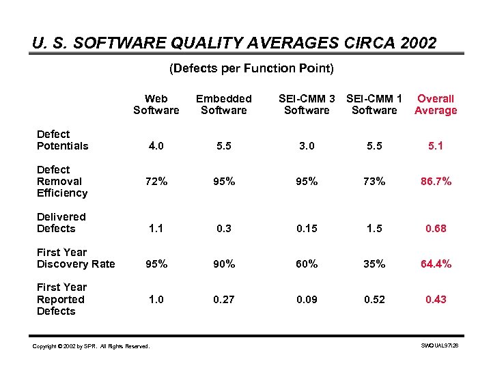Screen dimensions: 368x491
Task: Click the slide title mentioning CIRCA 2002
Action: tap(234, 43)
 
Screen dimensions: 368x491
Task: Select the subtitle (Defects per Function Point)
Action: tap(251, 68)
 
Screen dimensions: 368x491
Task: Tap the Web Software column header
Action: tap(156, 104)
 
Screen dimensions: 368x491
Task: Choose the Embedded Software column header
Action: tap(224, 104)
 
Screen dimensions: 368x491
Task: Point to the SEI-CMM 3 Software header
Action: tap(307, 104)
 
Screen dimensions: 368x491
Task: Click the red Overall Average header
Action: tap(436, 104)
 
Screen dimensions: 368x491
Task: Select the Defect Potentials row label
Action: tap(62, 140)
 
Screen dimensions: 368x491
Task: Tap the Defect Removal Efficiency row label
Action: tap(62, 181)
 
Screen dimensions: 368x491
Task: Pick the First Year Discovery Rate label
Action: tap(75, 258)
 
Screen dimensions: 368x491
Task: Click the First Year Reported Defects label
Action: tap(61, 299)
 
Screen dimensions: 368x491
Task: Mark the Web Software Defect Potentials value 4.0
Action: tap(156, 146)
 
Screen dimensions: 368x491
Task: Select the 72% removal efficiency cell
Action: tap(156, 182)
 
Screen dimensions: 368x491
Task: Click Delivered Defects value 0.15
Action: tap(307, 229)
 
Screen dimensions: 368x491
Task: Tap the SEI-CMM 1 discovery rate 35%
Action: tap(374, 264)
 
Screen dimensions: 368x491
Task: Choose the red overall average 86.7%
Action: tap(436, 182)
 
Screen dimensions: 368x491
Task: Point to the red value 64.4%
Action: tap(436, 264)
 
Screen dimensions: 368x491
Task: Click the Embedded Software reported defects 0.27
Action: tap(224, 300)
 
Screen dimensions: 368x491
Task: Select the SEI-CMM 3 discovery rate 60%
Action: tap(307, 264)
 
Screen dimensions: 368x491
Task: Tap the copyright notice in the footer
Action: tap(90, 347)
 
